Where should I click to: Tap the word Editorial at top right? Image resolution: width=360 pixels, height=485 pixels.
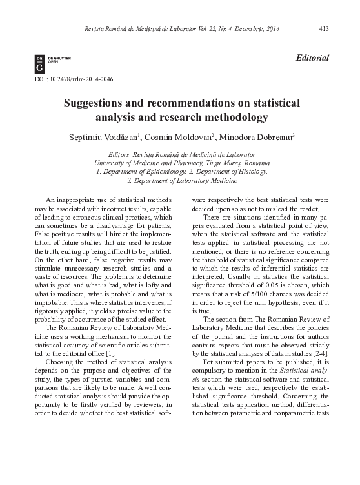(311, 58)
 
